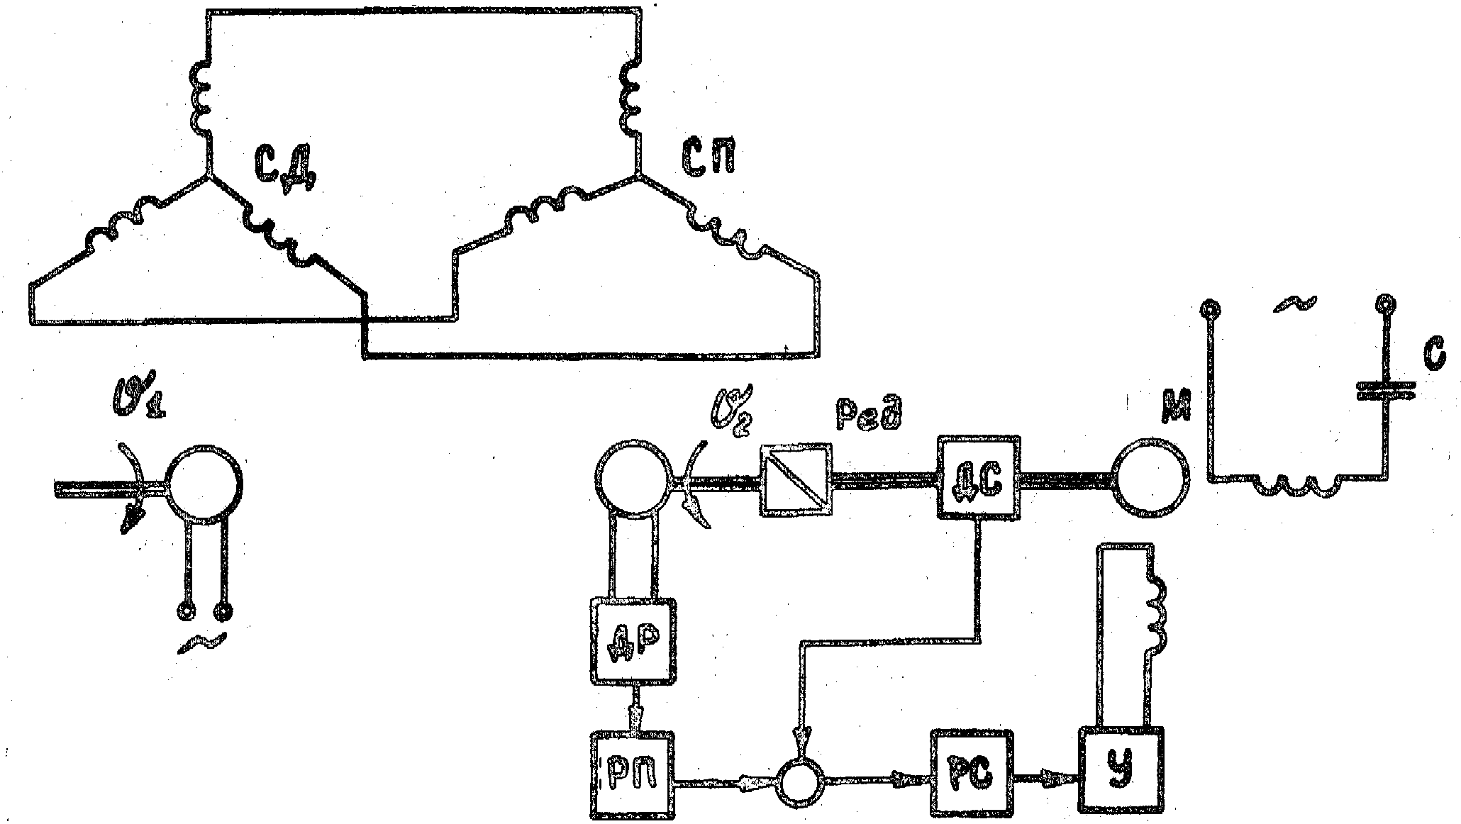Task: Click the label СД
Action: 286,169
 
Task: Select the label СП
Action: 707,160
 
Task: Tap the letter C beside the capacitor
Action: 1433,357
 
